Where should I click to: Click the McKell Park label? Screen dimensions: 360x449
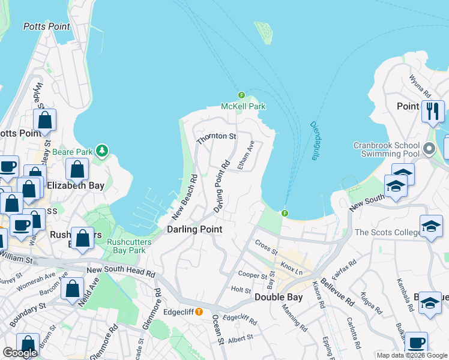[243, 106]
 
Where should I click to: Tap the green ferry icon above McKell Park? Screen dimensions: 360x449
[241, 95]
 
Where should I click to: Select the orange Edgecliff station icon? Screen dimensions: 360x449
[198, 311]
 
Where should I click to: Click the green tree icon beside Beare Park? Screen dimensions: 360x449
[103, 149]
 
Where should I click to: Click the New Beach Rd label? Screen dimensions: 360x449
[185, 197]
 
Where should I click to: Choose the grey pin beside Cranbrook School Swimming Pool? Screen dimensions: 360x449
[429, 148]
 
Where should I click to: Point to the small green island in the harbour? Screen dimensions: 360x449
[264, 33]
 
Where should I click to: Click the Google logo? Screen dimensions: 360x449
[20, 353]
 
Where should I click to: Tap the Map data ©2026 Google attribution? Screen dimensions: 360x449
[411, 355]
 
